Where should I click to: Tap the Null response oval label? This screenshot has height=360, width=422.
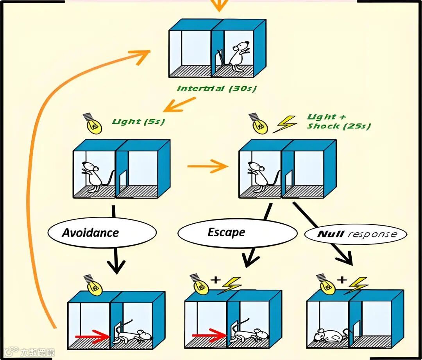pyautogui.click(x=356, y=234)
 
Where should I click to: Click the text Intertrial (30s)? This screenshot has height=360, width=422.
pyautogui.click(x=217, y=89)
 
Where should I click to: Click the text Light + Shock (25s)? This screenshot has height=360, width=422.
pyautogui.click(x=338, y=121)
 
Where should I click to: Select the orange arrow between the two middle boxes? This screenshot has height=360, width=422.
pyautogui.click(x=208, y=167)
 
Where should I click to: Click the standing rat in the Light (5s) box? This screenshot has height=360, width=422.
pyautogui.click(x=93, y=176)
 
